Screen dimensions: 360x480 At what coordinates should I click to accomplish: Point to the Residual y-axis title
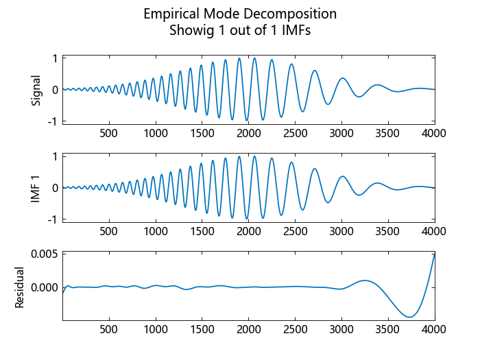point(19,287)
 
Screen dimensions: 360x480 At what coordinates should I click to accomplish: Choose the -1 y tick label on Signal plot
point(52,121)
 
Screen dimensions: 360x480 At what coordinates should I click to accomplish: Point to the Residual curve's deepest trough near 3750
point(410,317)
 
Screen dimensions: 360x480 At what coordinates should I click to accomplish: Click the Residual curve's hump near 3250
point(365,280)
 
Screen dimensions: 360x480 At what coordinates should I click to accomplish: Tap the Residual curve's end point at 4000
point(434,255)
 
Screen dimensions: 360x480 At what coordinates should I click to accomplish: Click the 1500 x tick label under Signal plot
point(202,133)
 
